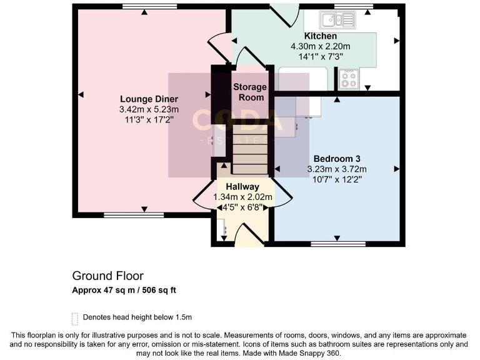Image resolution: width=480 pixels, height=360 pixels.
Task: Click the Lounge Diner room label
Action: pyautogui.click(x=149, y=99)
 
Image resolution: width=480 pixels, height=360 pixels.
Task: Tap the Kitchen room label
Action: pyautogui.click(x=320, y=37)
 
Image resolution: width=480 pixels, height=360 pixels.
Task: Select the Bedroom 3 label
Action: pyautogui.click(x=336, y=159)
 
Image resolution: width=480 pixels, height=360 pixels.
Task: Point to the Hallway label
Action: pyautogui.click(x=242, y=186)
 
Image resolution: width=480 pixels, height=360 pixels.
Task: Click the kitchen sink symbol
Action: pyautogui.click(x=337, y=21)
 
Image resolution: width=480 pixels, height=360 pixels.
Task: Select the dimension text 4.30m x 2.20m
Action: pyautogui.click(x=320, y=46)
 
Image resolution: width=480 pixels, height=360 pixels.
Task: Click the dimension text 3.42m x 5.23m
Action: pyautogui.click(x=149, y=109)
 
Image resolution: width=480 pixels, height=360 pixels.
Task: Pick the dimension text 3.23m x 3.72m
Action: pyautogui.click(x=336, y=169)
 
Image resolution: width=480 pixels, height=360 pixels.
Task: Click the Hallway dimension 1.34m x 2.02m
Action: pyautogui.click(x=242, y=197)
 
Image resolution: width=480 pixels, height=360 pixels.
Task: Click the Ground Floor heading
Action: pyautogui.click(x=107, y=276)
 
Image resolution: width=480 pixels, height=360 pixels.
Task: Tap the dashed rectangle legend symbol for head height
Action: pyautogui.click(x=75, y=319)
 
